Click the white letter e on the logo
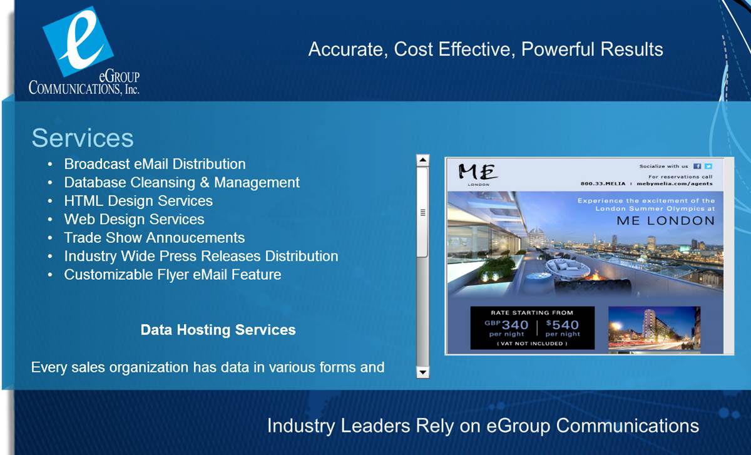click(x=81, y=39)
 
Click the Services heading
click(x=83, y=138)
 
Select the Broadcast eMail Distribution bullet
click(x=155, y=164)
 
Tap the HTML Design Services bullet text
click(x=138, y=201)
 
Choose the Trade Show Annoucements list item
click(x=154, y=238)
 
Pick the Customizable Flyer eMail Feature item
click(x=173, y=275)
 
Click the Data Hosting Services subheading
click(x=218, y=330)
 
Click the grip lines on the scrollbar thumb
click(x=423, y=213)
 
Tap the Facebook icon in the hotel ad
click(x=697, y=166)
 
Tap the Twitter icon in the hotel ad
click(x=708, y=166)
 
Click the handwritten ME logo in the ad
click(x=478, y=172)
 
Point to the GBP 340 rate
click(x=506, y=328)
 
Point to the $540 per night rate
click(x=563, y=328)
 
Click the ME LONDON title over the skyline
click(x=665, y=221)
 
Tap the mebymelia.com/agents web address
click(x=675, y=183)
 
